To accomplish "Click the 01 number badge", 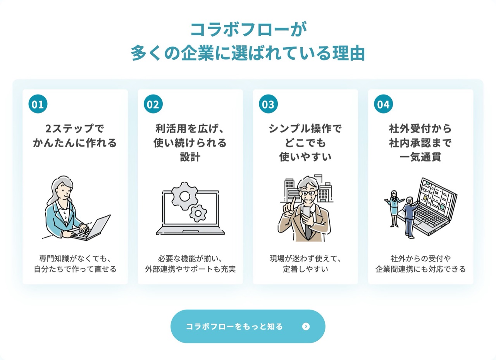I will pos(38,104).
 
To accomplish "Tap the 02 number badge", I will pos(153,104).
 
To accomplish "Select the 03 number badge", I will pos(268,104).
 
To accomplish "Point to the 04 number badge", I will pos(383,104).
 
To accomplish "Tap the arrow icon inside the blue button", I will pos(306,326).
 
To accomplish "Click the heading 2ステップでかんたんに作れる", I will pos(75,136).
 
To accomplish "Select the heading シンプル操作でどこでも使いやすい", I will pos(305,143).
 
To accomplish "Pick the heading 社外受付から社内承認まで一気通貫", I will pos(420,143).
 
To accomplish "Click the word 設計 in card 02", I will pos(190,157).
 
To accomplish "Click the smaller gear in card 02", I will pos(198,213).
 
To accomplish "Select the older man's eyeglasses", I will pos(308,193).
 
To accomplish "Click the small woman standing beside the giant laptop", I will pos(393,208).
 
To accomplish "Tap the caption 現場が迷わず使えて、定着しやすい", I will pos(305,264).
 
